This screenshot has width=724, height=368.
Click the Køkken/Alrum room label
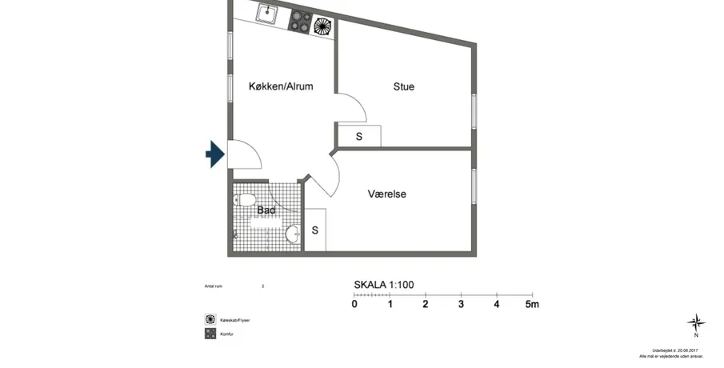point(280,86)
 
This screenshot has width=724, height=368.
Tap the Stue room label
point(403,86)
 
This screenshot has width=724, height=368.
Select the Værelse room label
point(387,194)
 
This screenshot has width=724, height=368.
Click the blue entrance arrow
point(214,154)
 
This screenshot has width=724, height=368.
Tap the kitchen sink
point(267,14)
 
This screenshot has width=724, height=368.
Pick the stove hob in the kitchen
point(299,21)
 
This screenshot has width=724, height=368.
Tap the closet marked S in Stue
point(359,136)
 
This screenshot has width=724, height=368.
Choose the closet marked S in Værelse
point(315,230)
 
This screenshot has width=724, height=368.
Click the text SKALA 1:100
point(384,285)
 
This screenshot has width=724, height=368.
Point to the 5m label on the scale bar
point(532,304)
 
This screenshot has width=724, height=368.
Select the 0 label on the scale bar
point(354,304)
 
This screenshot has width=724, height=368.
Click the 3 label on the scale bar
point(461,304)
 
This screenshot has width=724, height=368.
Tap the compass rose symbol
point(696,323)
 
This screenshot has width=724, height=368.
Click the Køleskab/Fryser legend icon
point(210,318)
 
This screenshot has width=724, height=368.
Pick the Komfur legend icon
point(210,334)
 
